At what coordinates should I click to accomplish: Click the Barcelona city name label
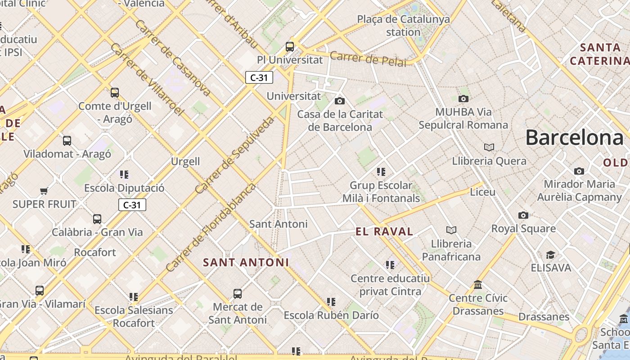coord(574,137)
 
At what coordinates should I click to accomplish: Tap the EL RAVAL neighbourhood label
coord(384,232)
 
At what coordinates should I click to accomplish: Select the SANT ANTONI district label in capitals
coord(246,262)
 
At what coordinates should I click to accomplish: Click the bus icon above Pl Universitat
coord(290,46)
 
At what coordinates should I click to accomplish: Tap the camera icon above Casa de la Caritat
coord(340,101)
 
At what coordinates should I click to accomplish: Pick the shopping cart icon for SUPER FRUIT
coord(44,191)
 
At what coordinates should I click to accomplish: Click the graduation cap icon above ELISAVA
coord(550,255)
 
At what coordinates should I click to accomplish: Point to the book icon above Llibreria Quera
coord(489,148)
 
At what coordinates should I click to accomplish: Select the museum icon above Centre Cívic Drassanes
coord(478,285)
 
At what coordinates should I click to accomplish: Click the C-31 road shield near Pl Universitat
coord(259,77)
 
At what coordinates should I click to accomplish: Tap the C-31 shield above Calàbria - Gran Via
coord(132,205)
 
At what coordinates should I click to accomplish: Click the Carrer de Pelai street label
coord(368,59)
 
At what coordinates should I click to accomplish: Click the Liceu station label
coord(482,192)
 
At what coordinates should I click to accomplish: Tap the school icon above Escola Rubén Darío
coord(331,302)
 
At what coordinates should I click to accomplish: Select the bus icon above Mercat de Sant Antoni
coord(238,294)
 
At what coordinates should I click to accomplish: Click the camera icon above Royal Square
coord(523,216)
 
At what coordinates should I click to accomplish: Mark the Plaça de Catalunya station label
coord(403,26)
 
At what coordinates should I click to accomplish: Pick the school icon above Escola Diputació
coord(124,175)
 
